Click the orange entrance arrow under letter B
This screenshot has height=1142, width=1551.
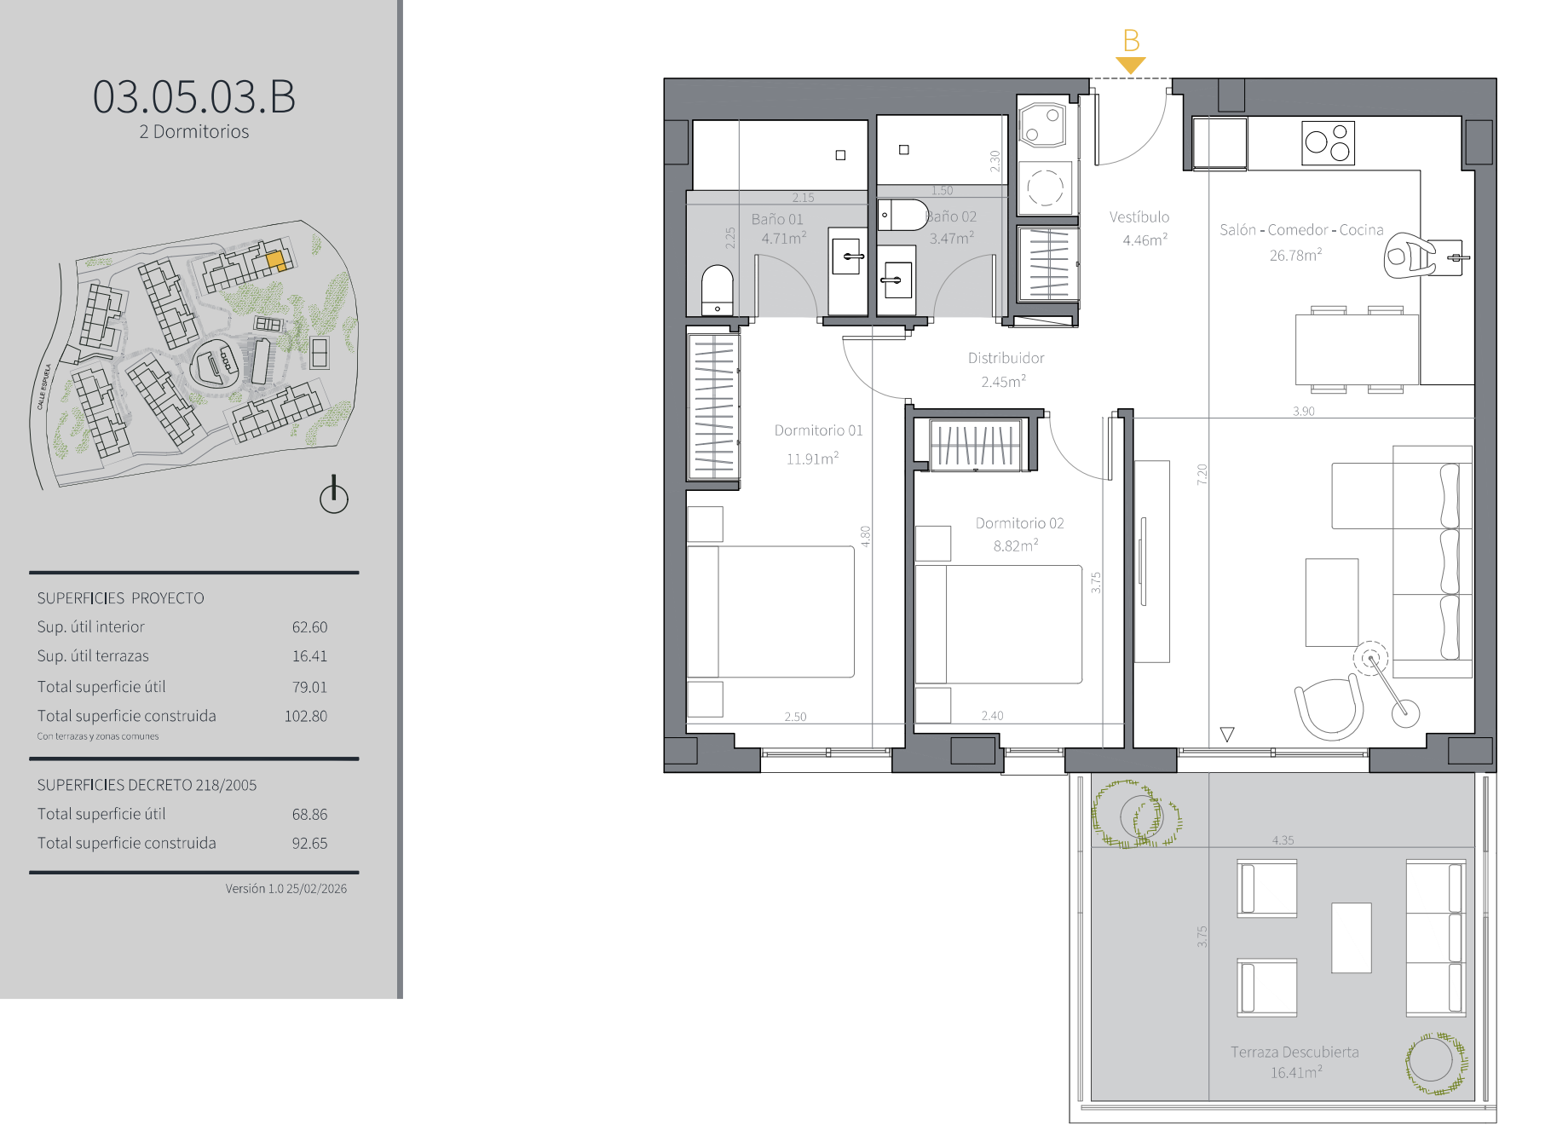click(x=1130, y=66)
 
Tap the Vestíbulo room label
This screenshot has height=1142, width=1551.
click(x=1139, y=217)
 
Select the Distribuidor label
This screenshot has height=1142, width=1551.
click(x=1006, y=358)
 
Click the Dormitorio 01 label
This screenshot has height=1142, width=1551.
click(x=818, y=430)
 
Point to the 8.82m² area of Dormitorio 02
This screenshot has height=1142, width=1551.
click(x=1016, y=545)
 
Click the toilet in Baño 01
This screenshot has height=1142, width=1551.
click(x=717, y=290)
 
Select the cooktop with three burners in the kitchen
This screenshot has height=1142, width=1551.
click(x=1328, y=142)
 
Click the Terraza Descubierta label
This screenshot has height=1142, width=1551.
click(x=1294, y=1052)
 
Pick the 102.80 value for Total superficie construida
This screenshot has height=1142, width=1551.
click(x=306, y=717)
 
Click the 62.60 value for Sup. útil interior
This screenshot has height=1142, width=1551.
click(x=309, y=627)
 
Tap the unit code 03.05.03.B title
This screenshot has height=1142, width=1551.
click(x=194, y=96)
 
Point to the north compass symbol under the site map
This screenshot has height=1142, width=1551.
click(x=334, y=495)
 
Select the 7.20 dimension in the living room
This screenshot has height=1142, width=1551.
click(x=1202, y=474)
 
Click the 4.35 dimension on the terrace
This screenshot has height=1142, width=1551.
click(x=1283, y=840)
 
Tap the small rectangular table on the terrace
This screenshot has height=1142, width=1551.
click(x=1352, y=937)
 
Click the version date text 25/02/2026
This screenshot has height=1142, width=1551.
click(x=316, y=889)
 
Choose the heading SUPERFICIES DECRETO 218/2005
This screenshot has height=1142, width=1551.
click(x=147, y=785)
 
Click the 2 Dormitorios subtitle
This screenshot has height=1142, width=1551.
click(x=194, y=132)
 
